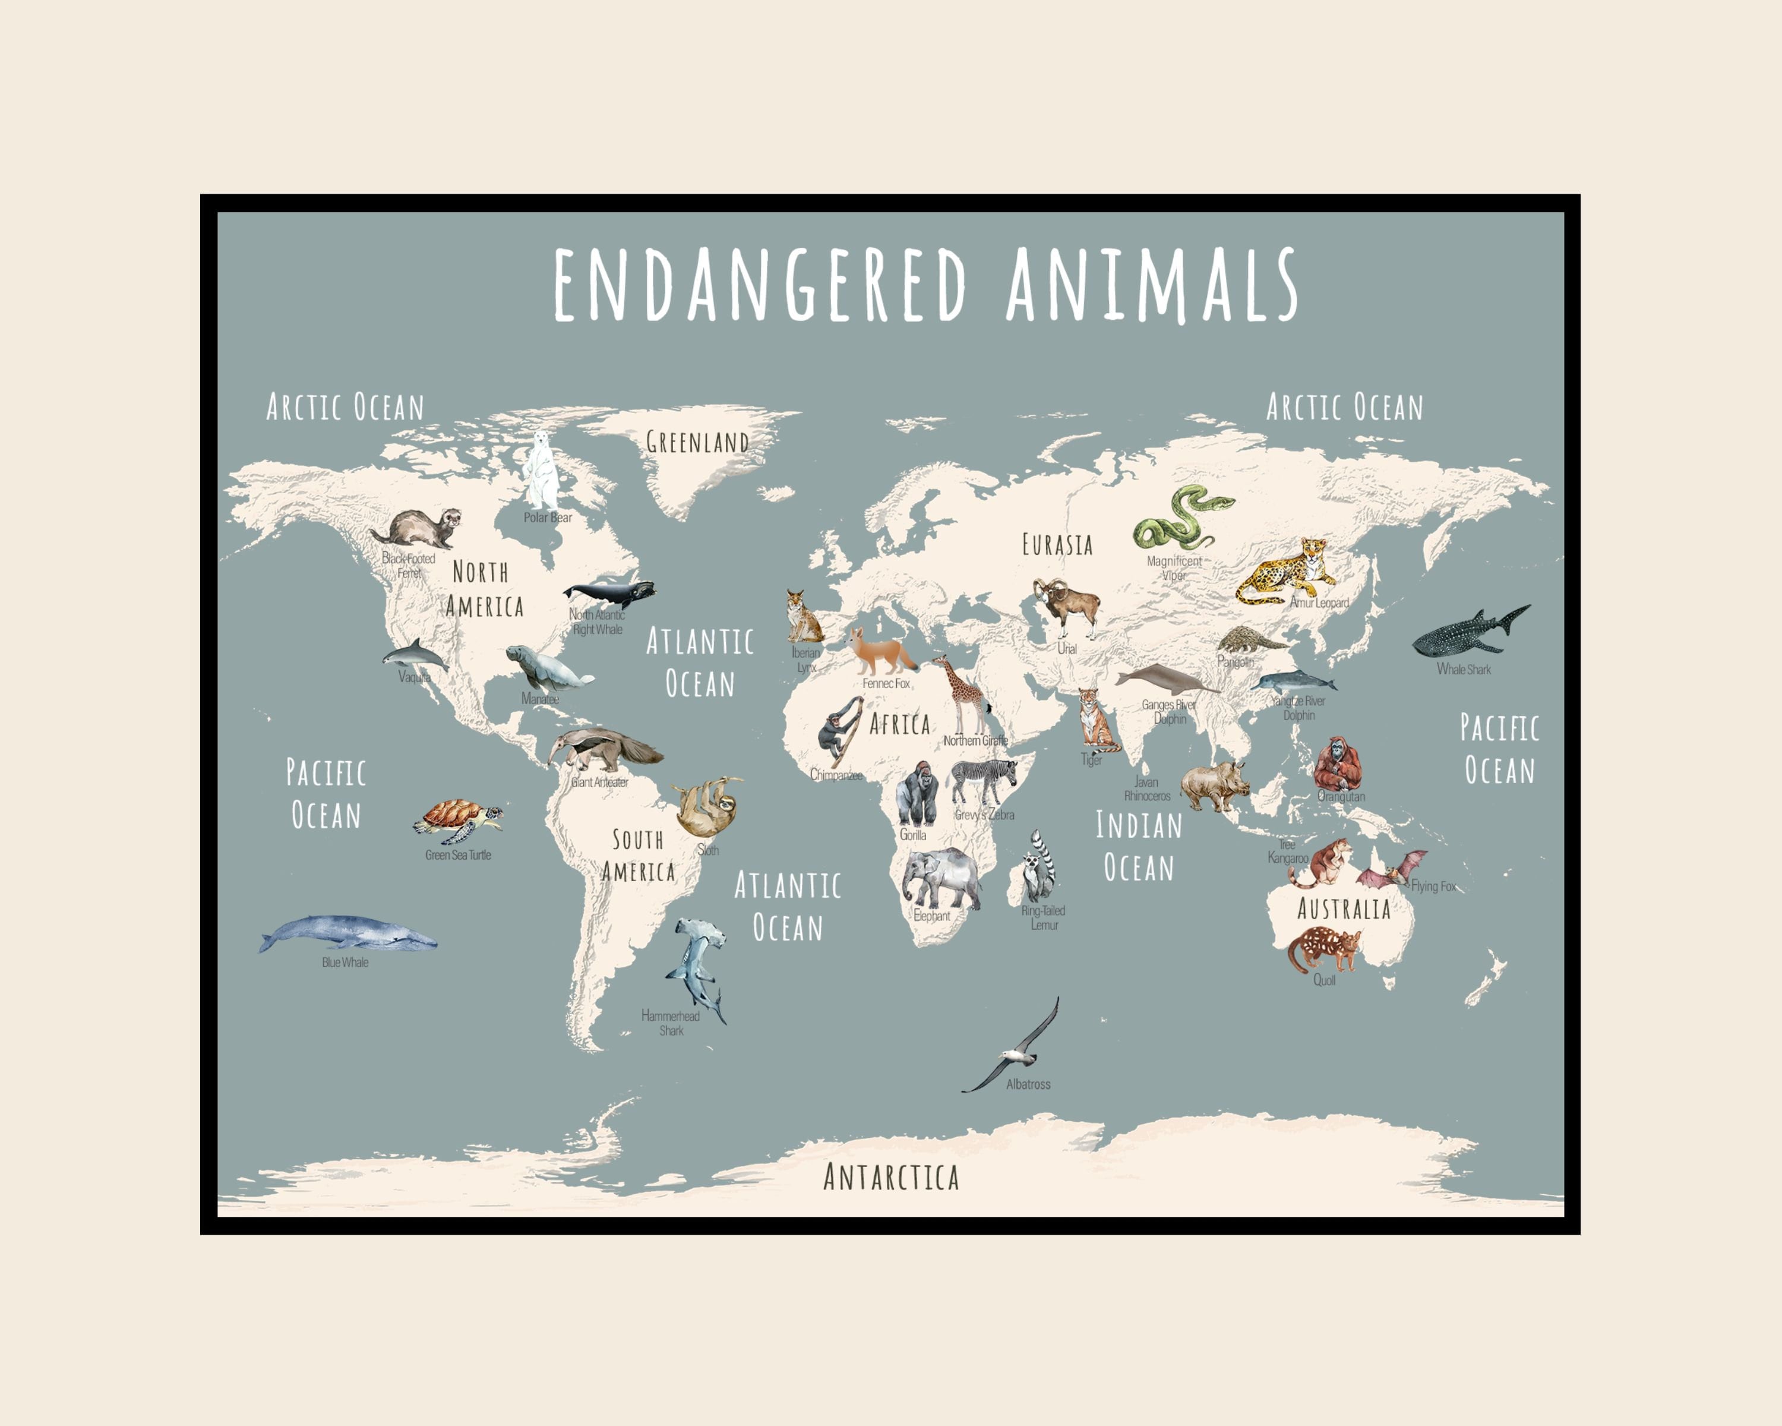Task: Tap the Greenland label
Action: pos(697,442)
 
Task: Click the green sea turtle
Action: pos(457,818)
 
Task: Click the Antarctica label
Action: pos(891,1177)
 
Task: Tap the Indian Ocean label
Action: pos(1139,847)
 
